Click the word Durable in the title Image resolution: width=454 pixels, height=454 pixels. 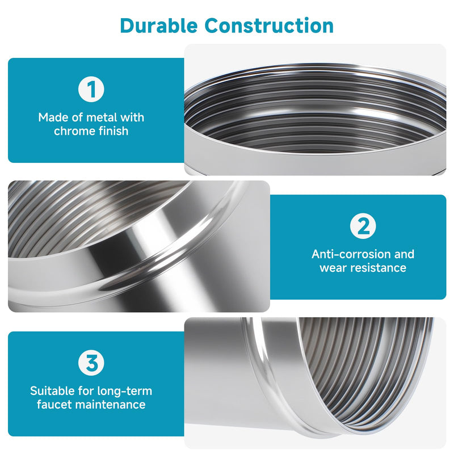coord(159,26)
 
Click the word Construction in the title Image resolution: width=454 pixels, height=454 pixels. coord(269,26)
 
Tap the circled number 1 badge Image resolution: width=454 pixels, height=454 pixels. coord(91,89)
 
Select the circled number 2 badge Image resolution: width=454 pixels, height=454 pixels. coord(363,226)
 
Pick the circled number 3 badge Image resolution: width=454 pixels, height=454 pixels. coord(91,363)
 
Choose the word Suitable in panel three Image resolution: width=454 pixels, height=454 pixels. coord(52,391)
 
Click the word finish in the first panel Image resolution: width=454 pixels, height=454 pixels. coord(113,131)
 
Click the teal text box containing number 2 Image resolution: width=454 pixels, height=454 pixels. coord(358,247)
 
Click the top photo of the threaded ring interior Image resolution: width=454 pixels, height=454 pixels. coord(315,110)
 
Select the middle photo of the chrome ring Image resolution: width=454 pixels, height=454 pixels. coord(139,246)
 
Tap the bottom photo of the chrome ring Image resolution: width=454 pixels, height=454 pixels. coord(315,382)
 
